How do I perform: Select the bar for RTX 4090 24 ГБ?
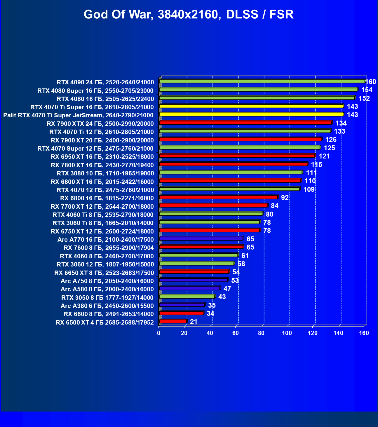[262, 81]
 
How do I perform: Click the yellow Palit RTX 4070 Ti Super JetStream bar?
[251, 114]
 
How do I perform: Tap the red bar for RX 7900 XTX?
[245, 123]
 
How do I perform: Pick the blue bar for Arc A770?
[201, 239]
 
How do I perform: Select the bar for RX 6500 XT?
[173, 321]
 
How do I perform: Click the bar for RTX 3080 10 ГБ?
[231, 172]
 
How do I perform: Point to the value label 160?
[370, 82]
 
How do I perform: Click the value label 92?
[285, 198]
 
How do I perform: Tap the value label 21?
[194, 322]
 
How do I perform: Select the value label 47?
[227, 289]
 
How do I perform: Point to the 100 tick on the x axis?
[287, 333]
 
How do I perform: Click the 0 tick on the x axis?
[159, 333]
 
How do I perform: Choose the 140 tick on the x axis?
[338, 333]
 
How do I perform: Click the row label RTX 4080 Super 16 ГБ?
[95, 90]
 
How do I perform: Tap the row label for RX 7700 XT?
[102, 207]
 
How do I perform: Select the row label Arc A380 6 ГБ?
[107, 306]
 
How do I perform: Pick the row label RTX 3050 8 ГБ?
[107, 298]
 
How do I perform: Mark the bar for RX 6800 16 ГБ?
[218, 197]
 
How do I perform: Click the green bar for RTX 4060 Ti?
[211, 214]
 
